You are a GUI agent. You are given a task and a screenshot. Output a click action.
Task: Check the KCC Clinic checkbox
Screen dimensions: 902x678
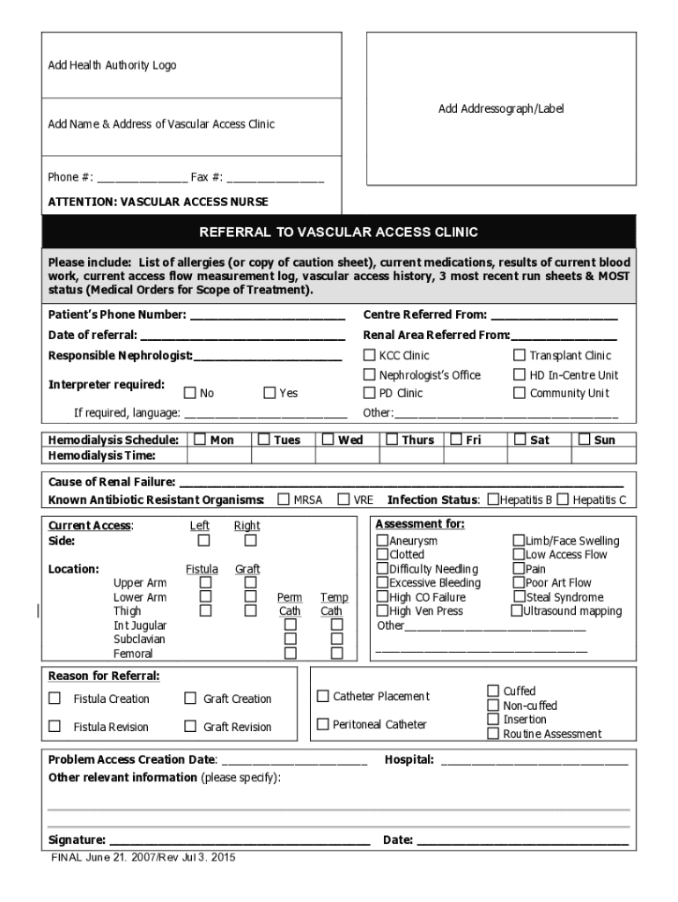370,355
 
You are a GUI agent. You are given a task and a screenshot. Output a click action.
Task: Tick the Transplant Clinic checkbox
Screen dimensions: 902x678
520,355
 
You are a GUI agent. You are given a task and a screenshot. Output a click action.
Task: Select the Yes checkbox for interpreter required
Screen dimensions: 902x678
269,393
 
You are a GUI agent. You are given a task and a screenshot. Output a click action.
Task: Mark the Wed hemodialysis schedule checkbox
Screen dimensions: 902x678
328,439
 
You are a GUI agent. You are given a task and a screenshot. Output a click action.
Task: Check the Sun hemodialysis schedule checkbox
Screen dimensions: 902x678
584,439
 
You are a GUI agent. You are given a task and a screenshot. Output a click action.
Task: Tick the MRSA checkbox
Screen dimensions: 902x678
284,499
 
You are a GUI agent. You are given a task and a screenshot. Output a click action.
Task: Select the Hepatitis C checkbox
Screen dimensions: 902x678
563,499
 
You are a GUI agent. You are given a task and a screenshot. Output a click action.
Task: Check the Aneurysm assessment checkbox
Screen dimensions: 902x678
382,540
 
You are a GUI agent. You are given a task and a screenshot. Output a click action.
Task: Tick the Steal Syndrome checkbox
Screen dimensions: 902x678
519,596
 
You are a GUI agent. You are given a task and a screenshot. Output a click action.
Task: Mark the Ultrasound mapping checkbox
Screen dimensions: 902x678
517,610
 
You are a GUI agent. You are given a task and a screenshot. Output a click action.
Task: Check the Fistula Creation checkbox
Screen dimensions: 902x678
55,699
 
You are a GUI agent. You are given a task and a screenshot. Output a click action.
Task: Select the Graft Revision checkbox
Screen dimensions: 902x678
190,727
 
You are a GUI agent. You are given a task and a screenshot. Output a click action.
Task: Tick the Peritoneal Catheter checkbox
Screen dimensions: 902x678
323,724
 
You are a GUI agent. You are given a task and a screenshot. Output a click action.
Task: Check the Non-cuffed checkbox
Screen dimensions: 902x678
493,705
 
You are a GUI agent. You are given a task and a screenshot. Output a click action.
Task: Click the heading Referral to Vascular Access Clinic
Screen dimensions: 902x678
339,233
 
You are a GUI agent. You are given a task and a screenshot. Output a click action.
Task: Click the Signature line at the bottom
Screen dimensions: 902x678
239,840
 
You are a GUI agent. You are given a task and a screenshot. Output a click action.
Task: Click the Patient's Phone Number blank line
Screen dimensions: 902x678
268,315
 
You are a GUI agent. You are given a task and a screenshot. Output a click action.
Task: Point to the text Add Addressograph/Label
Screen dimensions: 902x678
501,109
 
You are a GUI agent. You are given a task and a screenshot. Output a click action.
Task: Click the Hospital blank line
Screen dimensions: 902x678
534,760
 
